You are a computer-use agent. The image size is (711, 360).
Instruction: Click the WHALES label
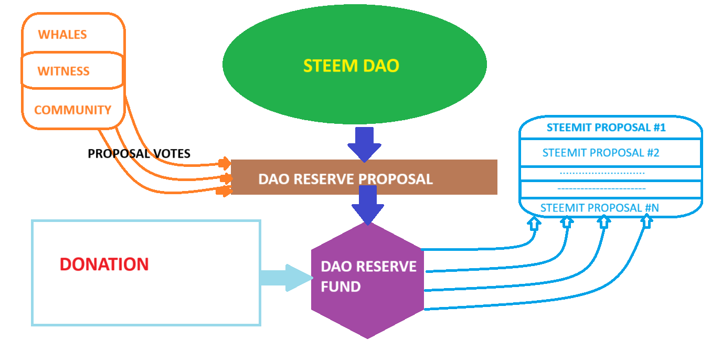point(62,35)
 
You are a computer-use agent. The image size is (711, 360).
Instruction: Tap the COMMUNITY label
point(72,110)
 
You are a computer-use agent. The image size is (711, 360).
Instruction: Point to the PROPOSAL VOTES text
point(139,154)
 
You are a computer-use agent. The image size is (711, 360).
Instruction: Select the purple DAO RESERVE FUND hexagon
point(367,278)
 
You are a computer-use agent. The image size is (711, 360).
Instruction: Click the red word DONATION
point(104,264)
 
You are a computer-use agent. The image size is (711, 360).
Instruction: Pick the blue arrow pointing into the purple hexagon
point(368,206)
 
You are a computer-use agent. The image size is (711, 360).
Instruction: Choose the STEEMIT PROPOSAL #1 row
point(606,128)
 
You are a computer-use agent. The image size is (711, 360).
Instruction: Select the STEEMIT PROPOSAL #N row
point(600,208)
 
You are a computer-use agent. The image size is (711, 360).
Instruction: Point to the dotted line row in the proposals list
point(602,173)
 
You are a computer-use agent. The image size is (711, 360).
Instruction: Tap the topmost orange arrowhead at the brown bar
point(225,162)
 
